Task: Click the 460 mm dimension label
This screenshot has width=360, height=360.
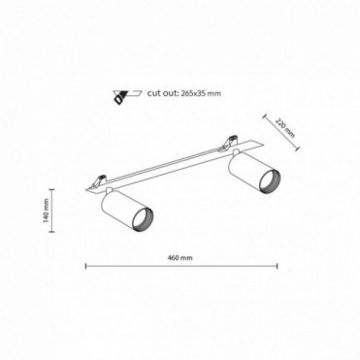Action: click(x=180, y=258)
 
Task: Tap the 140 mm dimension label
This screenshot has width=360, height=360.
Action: click(x=46, y=211)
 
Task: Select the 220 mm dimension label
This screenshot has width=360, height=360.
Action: click(x=285, y=127)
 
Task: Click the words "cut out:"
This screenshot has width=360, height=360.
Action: click(x=163, y=93)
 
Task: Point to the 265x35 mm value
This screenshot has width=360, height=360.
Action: click(x=201, y=93)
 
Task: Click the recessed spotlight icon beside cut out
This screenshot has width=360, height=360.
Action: click(x=127, y=97)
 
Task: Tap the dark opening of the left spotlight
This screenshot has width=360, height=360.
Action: click(x=144, y=219)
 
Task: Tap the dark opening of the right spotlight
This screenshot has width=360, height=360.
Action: click(x=270, y=180)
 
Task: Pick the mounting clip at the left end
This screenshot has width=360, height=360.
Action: click(x=98, y=181)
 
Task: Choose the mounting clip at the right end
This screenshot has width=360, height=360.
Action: click(x=229, y=143)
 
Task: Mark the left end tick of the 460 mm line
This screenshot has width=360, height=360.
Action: click(x=85, y=266)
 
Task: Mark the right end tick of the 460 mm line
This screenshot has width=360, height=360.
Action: click(x=278, y=266)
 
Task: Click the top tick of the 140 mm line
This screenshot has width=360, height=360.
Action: click(x=51, y=189)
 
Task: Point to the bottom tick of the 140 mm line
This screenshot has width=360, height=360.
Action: click(x=51, y=232)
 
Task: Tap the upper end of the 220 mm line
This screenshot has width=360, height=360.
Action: click(x=264, y=115)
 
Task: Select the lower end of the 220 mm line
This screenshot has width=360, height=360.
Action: click(x=297, y=148)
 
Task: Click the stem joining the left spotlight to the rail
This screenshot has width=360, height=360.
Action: click(x=109, y=190)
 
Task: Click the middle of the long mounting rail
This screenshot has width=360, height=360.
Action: click(x=176, y=166)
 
